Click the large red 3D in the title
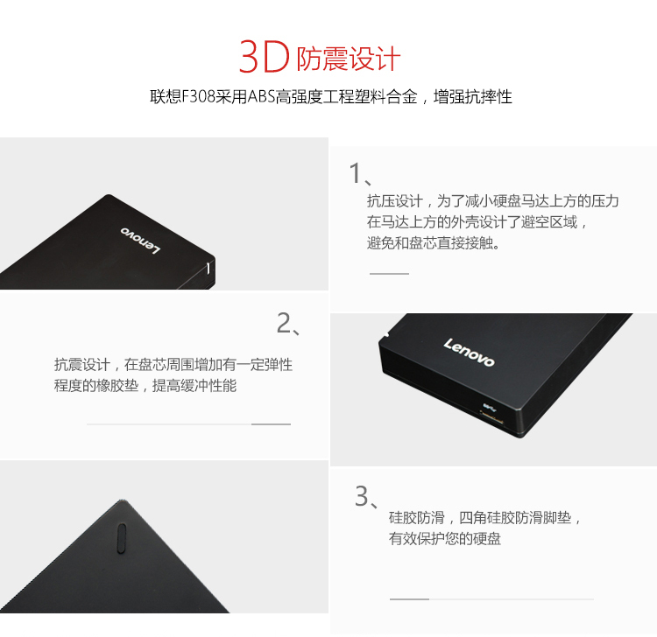point(264,57)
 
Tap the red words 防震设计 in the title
point(349,59)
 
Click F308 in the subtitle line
point(199,96)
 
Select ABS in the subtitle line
point(261,96)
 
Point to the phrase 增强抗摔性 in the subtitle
point(473,96)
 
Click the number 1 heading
point(360,173)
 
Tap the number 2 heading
point(288,323)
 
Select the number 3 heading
point(366,496)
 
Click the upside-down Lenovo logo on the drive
point(140,241)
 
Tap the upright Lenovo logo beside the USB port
point(470,352)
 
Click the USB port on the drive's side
point(491,417)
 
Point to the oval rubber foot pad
point(122,538)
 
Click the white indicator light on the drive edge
point(208,268)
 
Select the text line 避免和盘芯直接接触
point(433,242)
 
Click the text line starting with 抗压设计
point(492,201)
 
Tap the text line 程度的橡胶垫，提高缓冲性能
point(145,385)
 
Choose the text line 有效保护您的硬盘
point(444,538)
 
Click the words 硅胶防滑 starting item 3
point(416,518)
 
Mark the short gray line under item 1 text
point(389,274)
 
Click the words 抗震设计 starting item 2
point(81,365)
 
